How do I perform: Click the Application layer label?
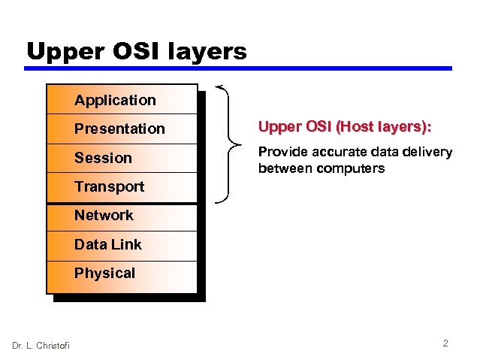(x=115, y=100)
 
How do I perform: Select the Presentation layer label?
(x=119, y=129)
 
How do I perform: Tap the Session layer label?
(x=103, y=158)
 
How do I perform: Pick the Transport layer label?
(x=109, y=186)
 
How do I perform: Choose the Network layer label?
(x=104, y=215)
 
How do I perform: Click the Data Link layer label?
(x=107, y=244)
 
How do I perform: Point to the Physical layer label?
(x=104, y=273)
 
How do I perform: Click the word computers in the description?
(x=351, y=168)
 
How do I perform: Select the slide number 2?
(x=445, y=343)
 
